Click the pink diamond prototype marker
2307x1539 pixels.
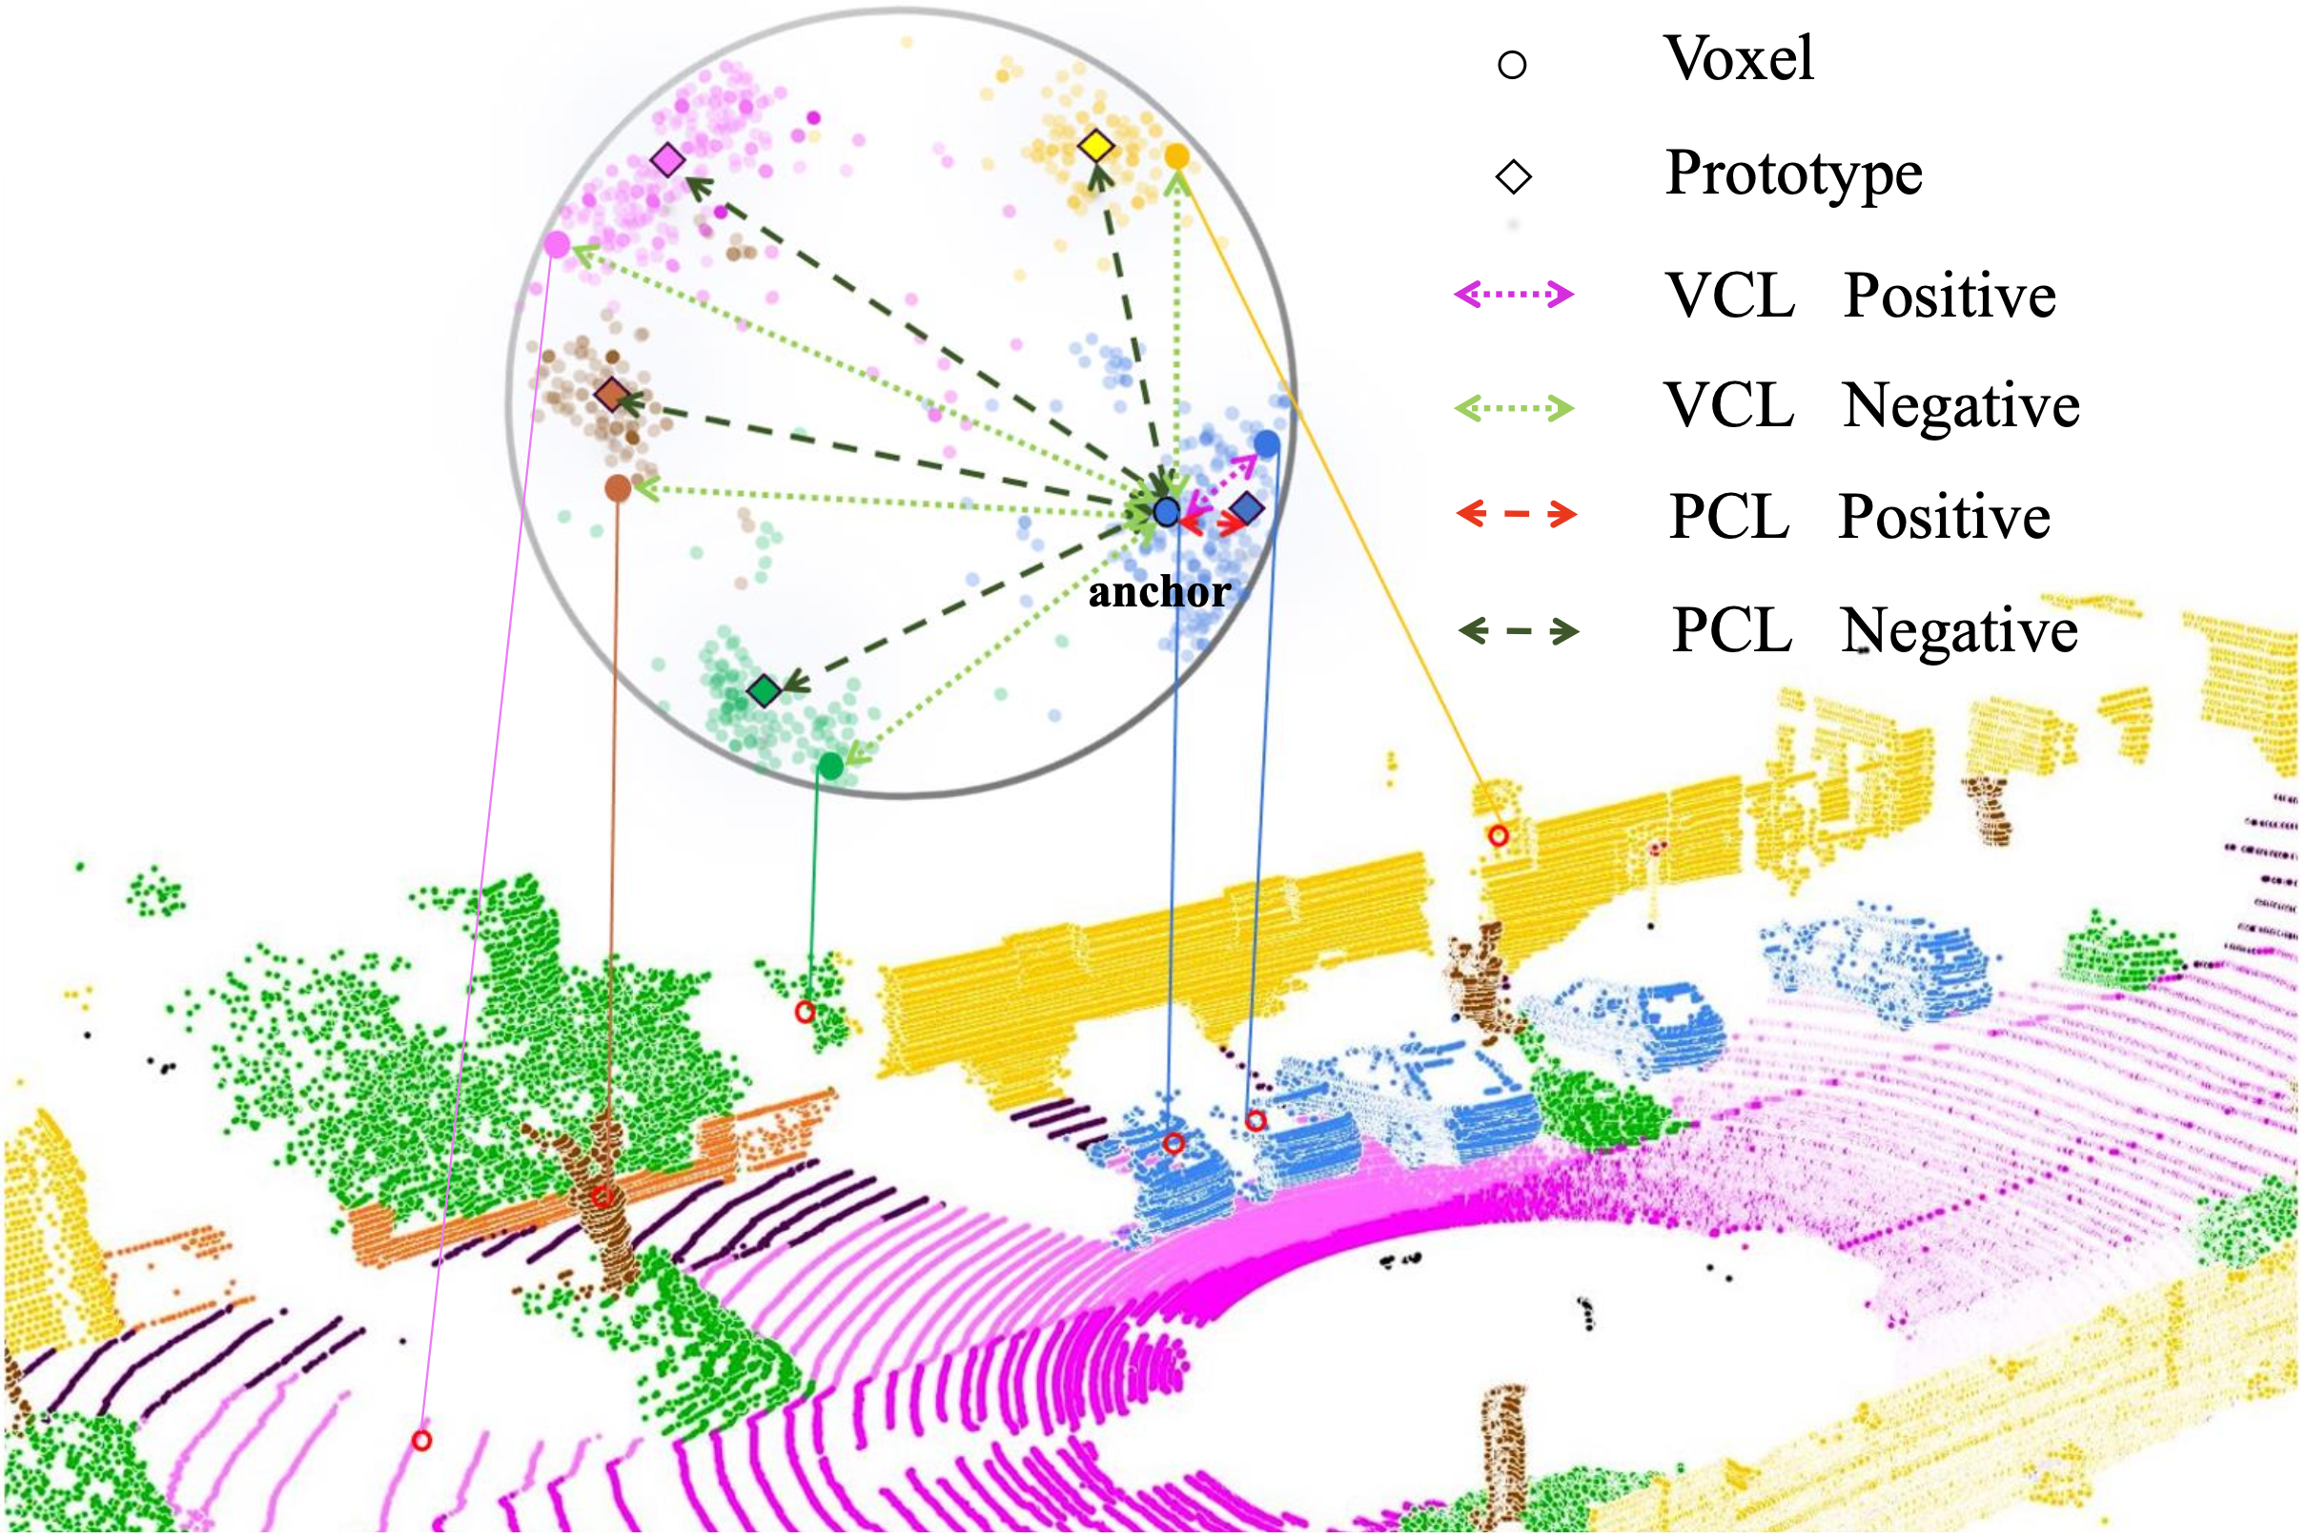(668, 159)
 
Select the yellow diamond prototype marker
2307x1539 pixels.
(1096, 146)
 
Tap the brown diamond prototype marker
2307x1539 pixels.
(612, 395)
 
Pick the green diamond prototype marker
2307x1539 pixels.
(764, 691)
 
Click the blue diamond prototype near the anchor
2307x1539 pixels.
(1246, 507)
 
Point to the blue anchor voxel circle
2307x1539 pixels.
(1167, 511)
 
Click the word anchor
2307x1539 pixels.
(1159, 592)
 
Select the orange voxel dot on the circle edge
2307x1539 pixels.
(1176, 155)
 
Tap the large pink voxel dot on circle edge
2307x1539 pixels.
(557, 244)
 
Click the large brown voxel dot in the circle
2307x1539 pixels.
(617, 488)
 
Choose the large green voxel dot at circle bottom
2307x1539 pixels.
(830, 767)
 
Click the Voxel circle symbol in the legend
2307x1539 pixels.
(1512, 65)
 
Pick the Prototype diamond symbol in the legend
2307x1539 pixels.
(1513, 176)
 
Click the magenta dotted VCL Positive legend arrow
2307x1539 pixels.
(1514, 294)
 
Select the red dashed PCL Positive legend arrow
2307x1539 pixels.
(1517, 513)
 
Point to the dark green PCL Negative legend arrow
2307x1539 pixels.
(1519, 630)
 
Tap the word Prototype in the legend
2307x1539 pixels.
(1794, 174)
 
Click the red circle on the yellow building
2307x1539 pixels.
(1499, 835)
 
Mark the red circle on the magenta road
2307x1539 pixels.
(422, 1441)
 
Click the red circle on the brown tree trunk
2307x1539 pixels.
(602, 1197)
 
